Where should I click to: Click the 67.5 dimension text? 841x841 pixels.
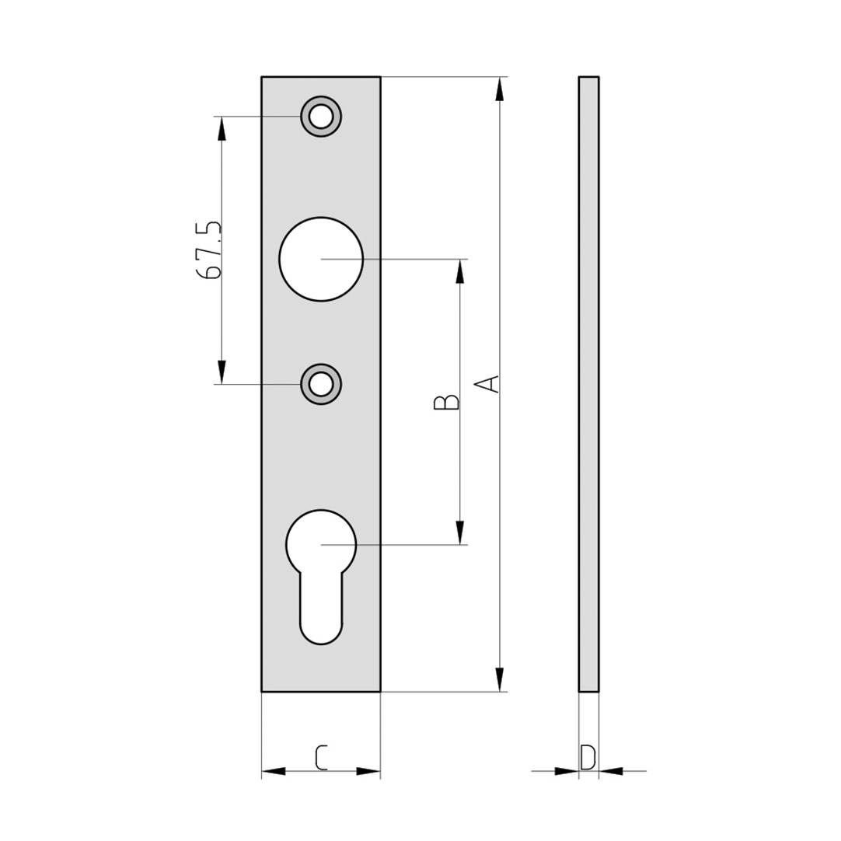210,250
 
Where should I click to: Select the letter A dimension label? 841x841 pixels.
487,384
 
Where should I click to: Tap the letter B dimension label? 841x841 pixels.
446,402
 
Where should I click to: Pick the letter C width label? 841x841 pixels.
321,757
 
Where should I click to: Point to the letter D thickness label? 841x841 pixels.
588,756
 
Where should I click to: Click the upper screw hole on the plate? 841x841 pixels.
321,117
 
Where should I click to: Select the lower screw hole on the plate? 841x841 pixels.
321,384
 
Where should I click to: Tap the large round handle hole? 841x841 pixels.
321,259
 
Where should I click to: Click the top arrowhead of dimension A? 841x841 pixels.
500,89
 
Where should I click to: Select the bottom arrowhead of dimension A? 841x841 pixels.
500,679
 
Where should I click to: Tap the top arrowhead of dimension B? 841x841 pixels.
460,271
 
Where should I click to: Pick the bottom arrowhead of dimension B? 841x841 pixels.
460,532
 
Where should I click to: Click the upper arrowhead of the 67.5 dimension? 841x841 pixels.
222,129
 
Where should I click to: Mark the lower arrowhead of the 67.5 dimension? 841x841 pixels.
222,372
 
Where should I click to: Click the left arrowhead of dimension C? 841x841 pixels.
274,772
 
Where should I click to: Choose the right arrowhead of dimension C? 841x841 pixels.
368,772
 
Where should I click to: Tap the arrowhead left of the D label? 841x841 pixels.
567,771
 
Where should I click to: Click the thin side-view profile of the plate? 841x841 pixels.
588,384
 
